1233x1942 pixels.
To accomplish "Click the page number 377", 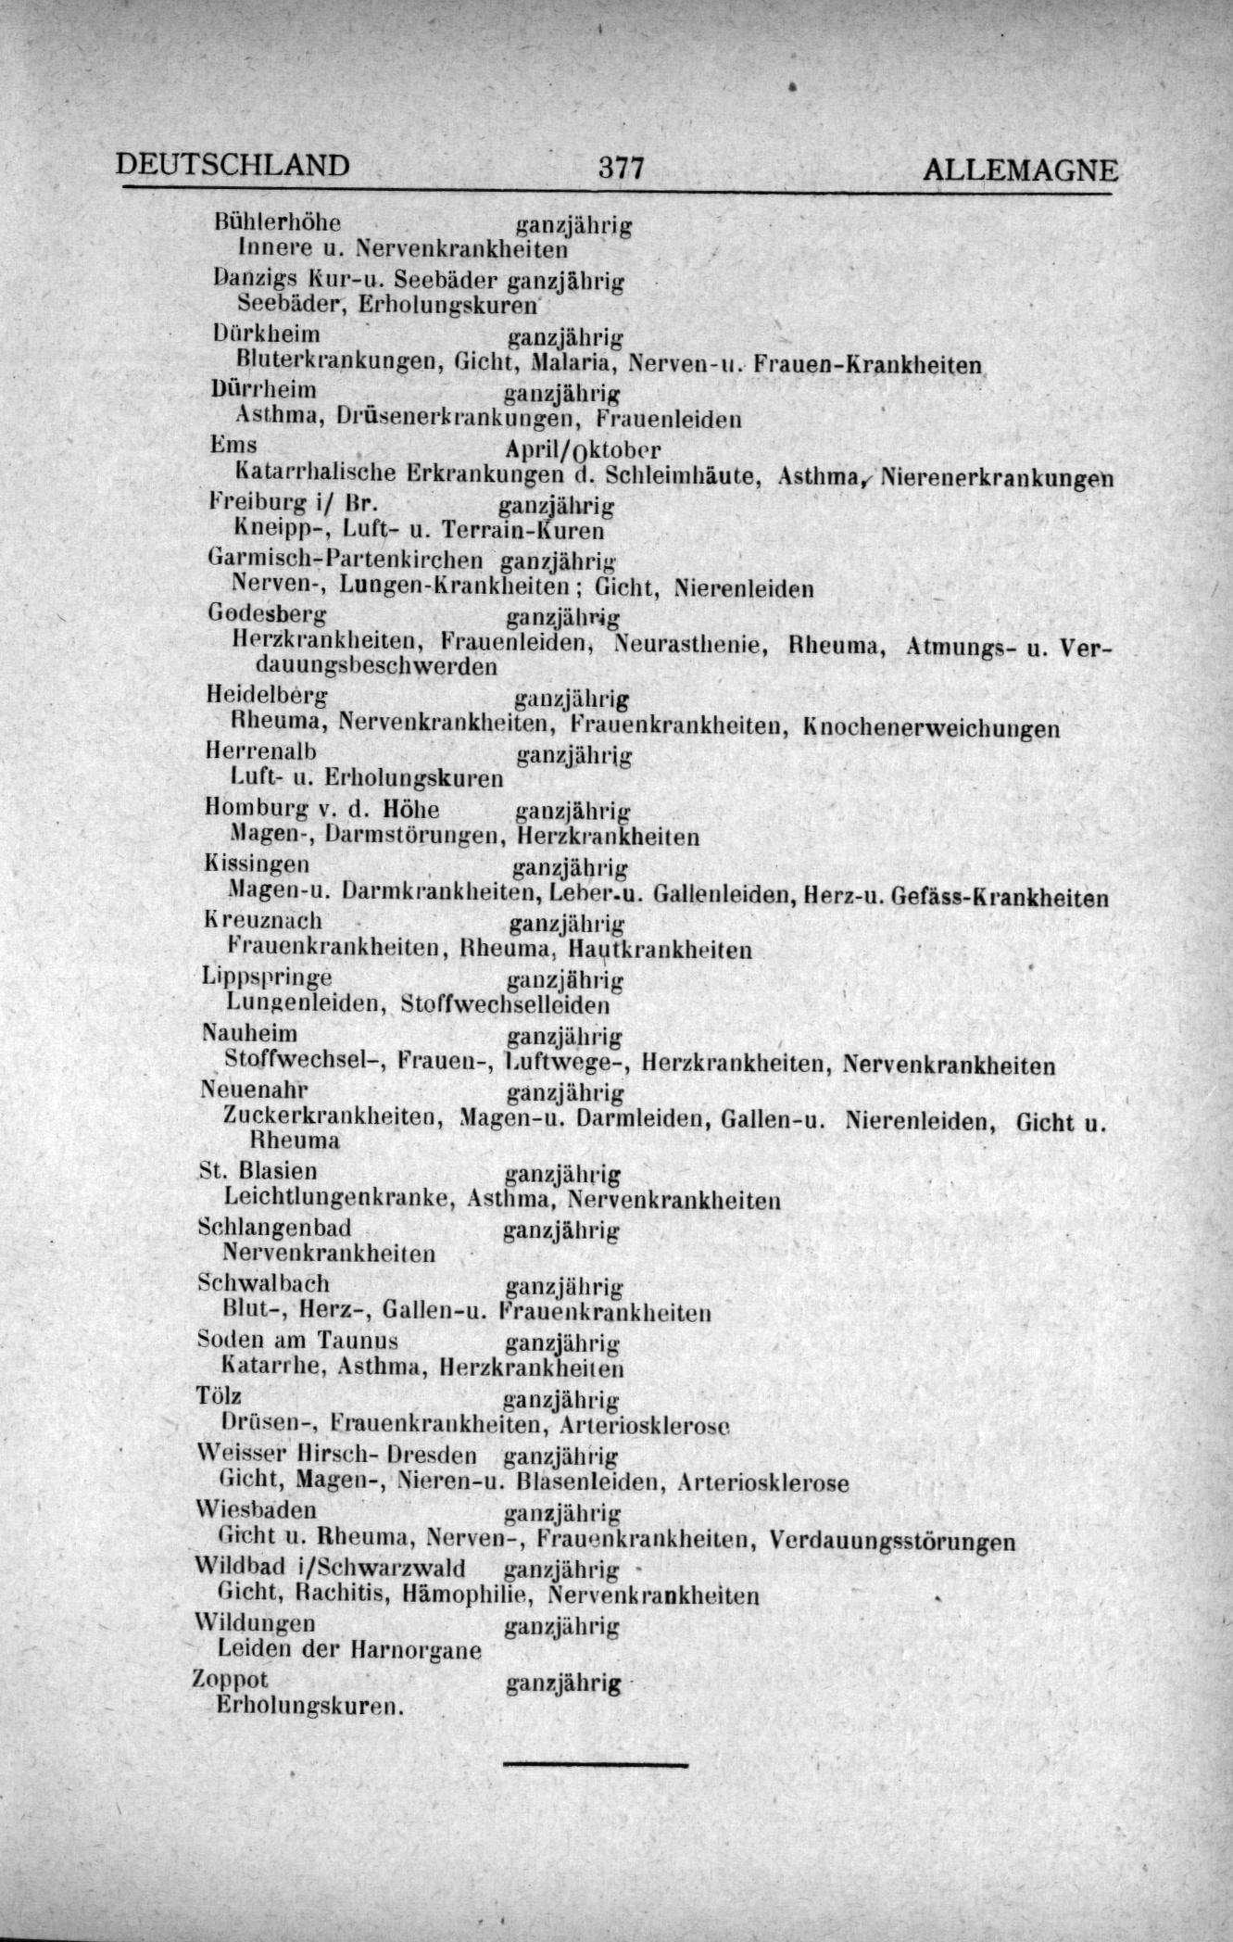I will [x=620, y=168].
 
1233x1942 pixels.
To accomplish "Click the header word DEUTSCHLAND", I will [x=233, y=164].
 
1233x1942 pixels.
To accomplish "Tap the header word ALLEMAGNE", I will [x=1020, y=170].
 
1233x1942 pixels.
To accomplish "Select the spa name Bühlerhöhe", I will [x=277, y=222].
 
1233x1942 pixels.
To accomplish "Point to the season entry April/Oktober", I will [x=584, y=449].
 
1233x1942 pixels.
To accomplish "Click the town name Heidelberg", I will [x=266, y=694].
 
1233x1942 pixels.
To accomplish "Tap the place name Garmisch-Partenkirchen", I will [x=346, y=559].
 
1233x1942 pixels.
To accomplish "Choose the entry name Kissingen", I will [x=257, y=864].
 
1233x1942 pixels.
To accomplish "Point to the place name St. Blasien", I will [x=258, y=1170].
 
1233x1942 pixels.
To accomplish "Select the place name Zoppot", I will [x=230, y=1679].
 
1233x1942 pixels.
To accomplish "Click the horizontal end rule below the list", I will [x=596, y=1764].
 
